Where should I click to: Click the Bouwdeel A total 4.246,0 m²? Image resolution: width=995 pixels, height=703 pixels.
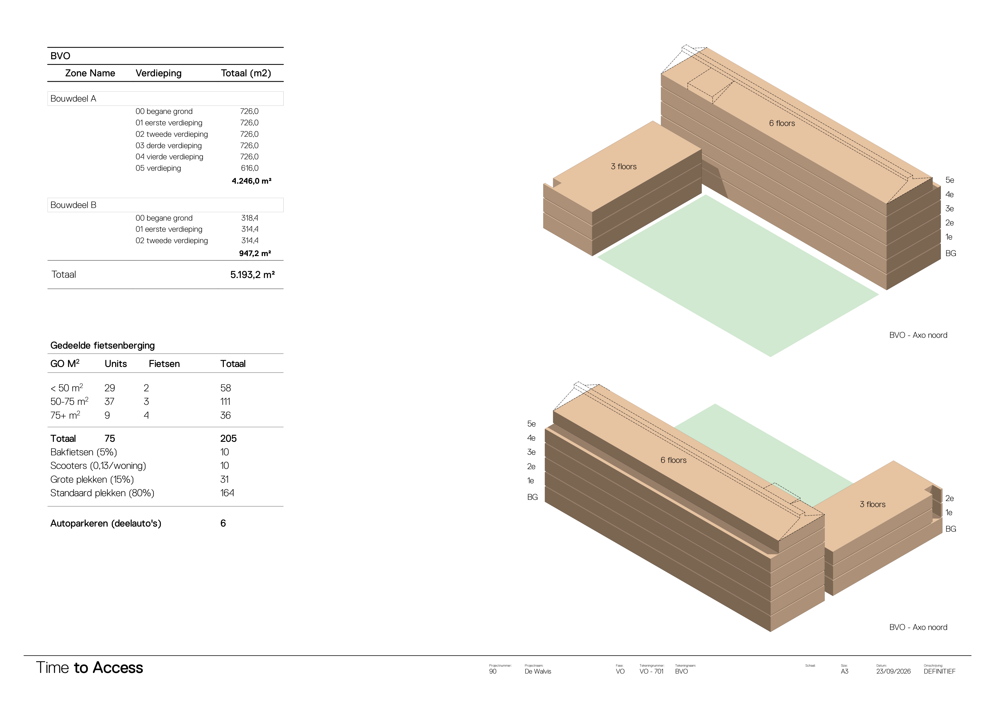coord(251,181)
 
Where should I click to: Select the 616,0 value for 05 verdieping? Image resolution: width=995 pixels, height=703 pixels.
coord(250,168)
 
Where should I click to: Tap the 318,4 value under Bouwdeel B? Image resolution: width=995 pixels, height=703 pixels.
coord(250,218)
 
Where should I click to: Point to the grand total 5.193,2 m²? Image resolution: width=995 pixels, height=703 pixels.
coord(252,275)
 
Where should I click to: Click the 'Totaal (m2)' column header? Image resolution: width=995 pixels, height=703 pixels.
coord(246,73)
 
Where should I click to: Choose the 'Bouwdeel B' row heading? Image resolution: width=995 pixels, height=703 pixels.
coord(73,205)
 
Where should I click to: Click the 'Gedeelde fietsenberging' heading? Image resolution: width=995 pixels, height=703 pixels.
coord(102,345)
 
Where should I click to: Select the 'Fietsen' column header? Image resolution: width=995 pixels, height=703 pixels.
coord(164,364)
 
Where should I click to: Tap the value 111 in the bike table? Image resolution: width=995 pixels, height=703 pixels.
coord(225,402)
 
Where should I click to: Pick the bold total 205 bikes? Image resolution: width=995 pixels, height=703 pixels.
coord(228,438)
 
